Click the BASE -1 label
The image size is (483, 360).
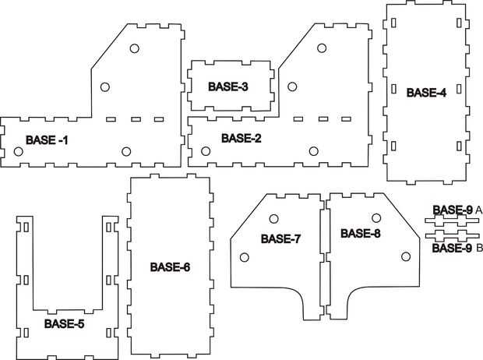(x=47, y=140)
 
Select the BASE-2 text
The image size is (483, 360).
(x=241, y=138)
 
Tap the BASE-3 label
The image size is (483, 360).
(x=228, y=86)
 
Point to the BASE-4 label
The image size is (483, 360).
(x=426, y=92)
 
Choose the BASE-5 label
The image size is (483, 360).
(x=64, y=323)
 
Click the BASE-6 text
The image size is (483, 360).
(x=170, y=266)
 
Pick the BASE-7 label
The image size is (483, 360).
(x=280, y=238)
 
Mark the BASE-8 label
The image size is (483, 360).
(x=361, y=234)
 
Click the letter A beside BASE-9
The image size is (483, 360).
(x=478, y=210)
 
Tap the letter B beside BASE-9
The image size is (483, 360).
(x=478, y=249)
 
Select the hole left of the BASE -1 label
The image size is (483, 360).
(x=17, y=151)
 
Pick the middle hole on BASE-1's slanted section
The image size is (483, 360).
(x=105, y=86)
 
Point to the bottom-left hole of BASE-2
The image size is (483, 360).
(x=206, y=151)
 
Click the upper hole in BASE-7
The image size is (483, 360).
(x=274, y=218)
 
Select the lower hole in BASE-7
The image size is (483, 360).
(x=245, y=256)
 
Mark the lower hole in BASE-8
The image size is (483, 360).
(x=405, y=256)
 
